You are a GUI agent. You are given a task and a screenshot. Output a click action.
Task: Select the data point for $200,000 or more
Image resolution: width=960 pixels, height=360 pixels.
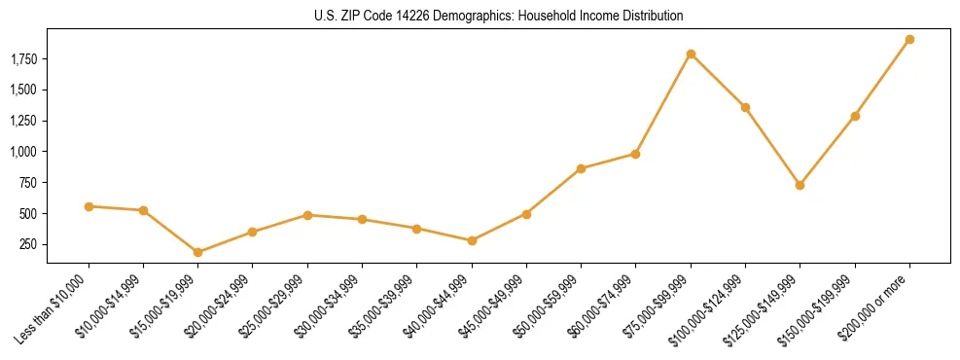909,40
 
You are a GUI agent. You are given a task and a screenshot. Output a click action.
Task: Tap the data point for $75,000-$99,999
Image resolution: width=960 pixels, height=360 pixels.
691,54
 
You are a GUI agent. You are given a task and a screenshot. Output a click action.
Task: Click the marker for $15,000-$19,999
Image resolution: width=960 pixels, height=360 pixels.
198,252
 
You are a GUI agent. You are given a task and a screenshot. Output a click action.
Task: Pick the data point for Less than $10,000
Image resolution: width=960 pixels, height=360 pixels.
89,206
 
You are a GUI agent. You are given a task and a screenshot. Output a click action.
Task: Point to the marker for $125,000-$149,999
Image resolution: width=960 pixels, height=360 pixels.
800,185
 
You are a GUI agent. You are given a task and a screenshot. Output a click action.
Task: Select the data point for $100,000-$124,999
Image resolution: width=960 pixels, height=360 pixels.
745,107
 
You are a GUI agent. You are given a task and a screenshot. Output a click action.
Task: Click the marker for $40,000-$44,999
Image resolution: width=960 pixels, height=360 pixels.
472,240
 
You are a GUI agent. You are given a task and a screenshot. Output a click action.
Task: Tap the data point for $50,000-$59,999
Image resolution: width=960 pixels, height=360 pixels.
581,168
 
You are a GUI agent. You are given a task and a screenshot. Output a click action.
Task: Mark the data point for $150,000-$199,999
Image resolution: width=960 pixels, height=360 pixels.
855,116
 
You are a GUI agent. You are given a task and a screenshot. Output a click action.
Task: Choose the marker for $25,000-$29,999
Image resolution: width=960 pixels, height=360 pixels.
307,215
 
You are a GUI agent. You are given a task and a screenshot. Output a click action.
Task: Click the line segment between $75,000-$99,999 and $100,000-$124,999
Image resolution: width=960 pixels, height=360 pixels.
718,81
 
